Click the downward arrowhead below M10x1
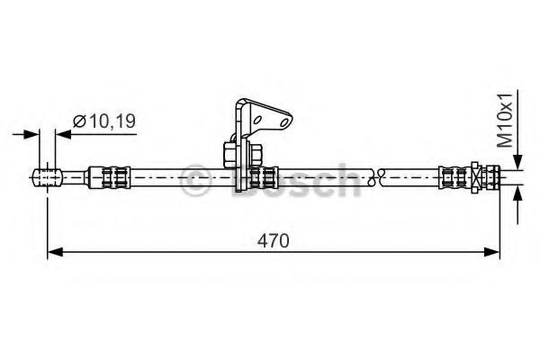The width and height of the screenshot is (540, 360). tap(517, 161)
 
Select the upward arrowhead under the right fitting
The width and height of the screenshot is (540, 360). tap(517, 193)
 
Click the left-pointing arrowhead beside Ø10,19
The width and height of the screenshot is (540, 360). tap(62, 134)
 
